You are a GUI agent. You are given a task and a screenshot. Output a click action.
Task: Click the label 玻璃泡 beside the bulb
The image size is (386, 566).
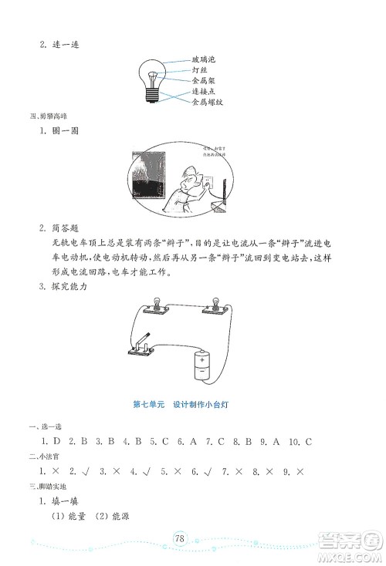tap(203, 59)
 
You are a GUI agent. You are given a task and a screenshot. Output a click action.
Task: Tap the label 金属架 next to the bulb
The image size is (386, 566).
tap(203, 80)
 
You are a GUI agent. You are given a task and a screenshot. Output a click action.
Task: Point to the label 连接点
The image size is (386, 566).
tap(203, 91)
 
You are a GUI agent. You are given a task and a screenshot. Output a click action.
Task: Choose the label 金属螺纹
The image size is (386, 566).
tap(207, 102)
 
